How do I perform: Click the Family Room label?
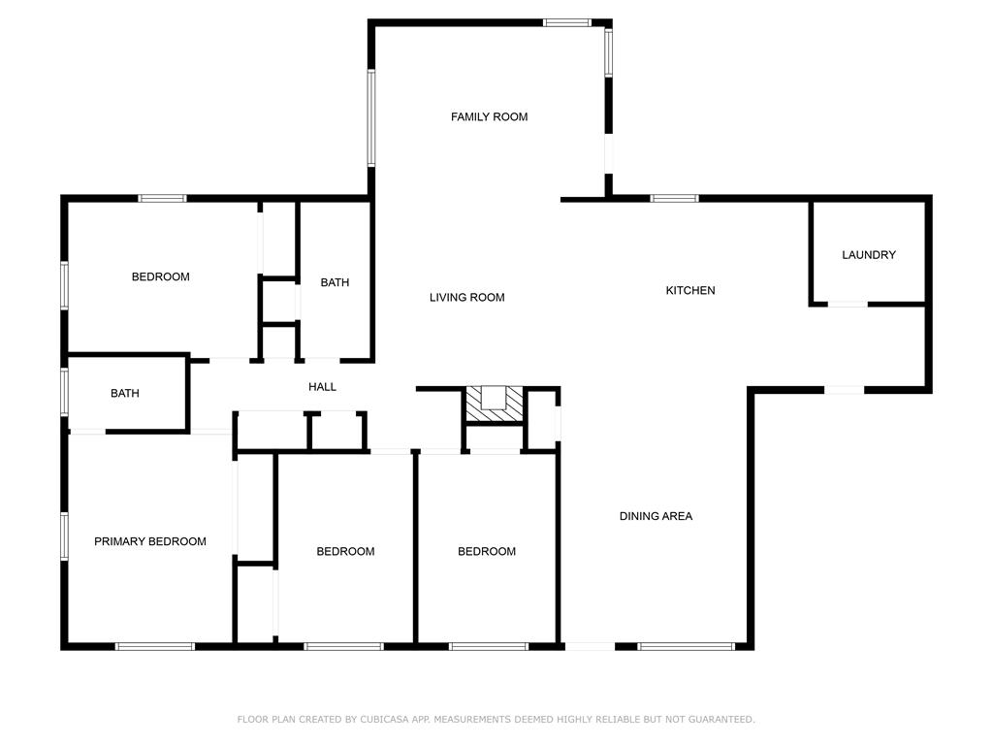(x=489, y=116)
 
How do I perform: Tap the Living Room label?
(x=466, y=297)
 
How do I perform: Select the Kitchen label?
(x=690, y=290)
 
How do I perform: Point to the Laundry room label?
(x=869, y=255)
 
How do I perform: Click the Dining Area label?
(x=656, y=516)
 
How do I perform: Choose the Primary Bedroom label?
(x=150, y=541)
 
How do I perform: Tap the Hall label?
(x=322, y=387)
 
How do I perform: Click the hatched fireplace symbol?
(x=495, y=405)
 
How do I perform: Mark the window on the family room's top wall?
(x=566, y=23)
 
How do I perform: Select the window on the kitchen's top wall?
(x=675, y=198)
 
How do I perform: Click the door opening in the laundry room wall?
(x=848, y=304)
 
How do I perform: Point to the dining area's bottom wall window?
(x=686, y=647)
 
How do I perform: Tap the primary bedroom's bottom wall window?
(x=154, y=647)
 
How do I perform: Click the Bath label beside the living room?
(x=335, y=282)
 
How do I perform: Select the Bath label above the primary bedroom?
(x=125, y=394)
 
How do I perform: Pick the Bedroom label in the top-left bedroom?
(x=160, y=276)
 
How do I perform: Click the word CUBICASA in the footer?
(x=386, y=719)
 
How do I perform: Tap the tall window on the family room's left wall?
(x=371, y=117)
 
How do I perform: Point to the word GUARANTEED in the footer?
(x=721, y=719)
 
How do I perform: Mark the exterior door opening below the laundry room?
(x=845, y=390)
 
